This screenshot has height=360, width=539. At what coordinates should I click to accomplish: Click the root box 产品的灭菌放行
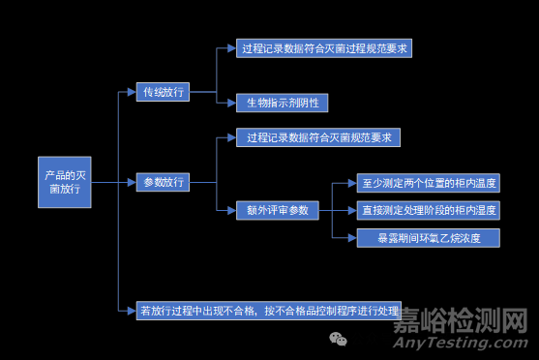66,182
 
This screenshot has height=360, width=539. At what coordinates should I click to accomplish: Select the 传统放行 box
162,93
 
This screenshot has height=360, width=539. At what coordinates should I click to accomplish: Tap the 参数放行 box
162,182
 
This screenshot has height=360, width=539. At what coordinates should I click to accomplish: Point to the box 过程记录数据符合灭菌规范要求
317,137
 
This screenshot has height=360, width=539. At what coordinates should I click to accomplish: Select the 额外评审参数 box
277,209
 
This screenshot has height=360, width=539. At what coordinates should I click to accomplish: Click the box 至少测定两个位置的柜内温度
428,183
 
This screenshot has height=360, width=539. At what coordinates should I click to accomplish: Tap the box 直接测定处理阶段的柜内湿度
428,209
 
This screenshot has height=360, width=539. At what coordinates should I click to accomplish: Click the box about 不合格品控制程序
269,311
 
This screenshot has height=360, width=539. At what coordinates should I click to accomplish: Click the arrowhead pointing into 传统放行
132,93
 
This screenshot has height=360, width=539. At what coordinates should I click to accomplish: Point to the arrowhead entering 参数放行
132,182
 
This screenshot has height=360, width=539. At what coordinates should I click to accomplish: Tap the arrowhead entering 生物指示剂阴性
231,102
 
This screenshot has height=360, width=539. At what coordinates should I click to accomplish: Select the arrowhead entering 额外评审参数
231,209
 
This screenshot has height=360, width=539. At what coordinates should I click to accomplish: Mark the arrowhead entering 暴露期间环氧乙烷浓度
350,236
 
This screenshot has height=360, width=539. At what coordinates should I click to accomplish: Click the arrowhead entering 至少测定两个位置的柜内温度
350,183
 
